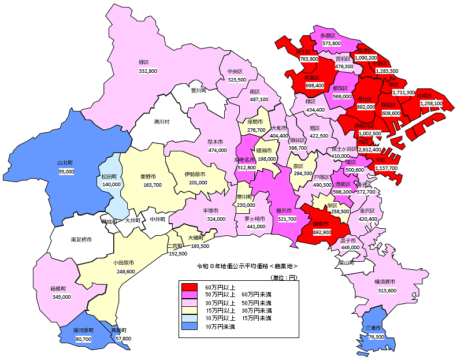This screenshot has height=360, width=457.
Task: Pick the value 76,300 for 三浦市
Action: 376,336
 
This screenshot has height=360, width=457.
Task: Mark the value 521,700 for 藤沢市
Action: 287,219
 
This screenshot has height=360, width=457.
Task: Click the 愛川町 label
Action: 198,91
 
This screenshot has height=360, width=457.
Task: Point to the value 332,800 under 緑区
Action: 147,71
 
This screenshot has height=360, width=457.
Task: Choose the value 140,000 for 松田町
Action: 112,184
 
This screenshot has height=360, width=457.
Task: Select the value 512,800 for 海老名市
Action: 245,168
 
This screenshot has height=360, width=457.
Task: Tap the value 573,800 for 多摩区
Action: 331,43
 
